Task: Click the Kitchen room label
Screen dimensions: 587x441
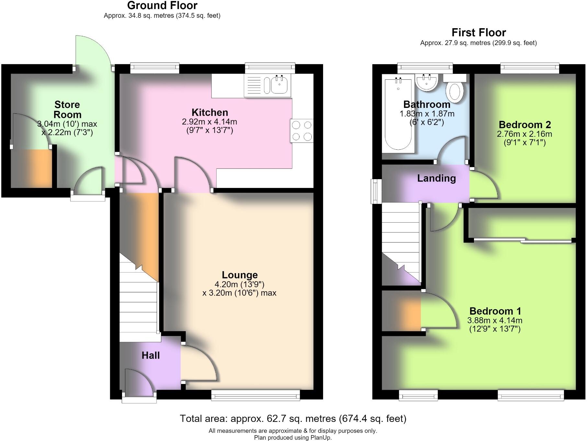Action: pos(210,112)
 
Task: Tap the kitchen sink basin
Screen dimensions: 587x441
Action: pos(279,85)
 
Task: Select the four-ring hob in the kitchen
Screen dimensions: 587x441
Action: pos(302,131)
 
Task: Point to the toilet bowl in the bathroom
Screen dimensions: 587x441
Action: pos(455,91)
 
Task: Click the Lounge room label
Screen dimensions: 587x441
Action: pos(240,275)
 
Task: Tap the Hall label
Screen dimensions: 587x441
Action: pos(151,355)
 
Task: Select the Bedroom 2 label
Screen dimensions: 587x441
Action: pos(525,124)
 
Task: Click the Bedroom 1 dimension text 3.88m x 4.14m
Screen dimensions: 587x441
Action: pos(495,320)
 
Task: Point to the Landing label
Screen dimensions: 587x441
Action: pos(436,178)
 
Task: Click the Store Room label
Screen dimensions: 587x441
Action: pos(67,110)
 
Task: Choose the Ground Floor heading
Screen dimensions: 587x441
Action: pos(162,6)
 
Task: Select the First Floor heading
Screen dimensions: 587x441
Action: pos(479,32)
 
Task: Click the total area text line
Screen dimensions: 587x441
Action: pos(293,419)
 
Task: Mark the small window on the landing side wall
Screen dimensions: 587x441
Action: pos(376,191)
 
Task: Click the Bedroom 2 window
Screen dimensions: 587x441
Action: pos(530,68)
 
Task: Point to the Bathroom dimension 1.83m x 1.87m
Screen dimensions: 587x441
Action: pos(427,114)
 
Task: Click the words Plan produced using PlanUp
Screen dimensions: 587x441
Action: pos(293,437)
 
